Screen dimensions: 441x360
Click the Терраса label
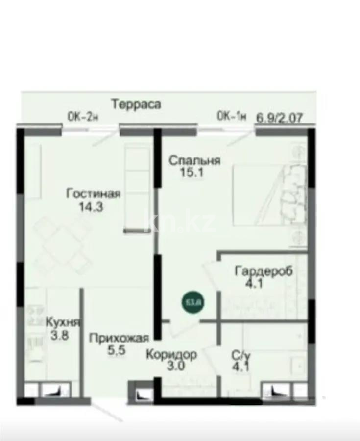point(136,104)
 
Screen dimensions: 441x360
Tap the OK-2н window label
point(83,116)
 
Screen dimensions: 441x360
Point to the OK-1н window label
point(231,116)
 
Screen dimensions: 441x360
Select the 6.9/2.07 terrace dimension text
point(279,118)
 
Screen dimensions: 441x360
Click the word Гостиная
point(93,194)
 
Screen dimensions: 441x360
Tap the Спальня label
point(194,160)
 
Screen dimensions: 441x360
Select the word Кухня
point(63,322)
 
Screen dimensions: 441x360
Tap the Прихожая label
point(119,338)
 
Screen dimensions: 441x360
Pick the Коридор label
point(171,354)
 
